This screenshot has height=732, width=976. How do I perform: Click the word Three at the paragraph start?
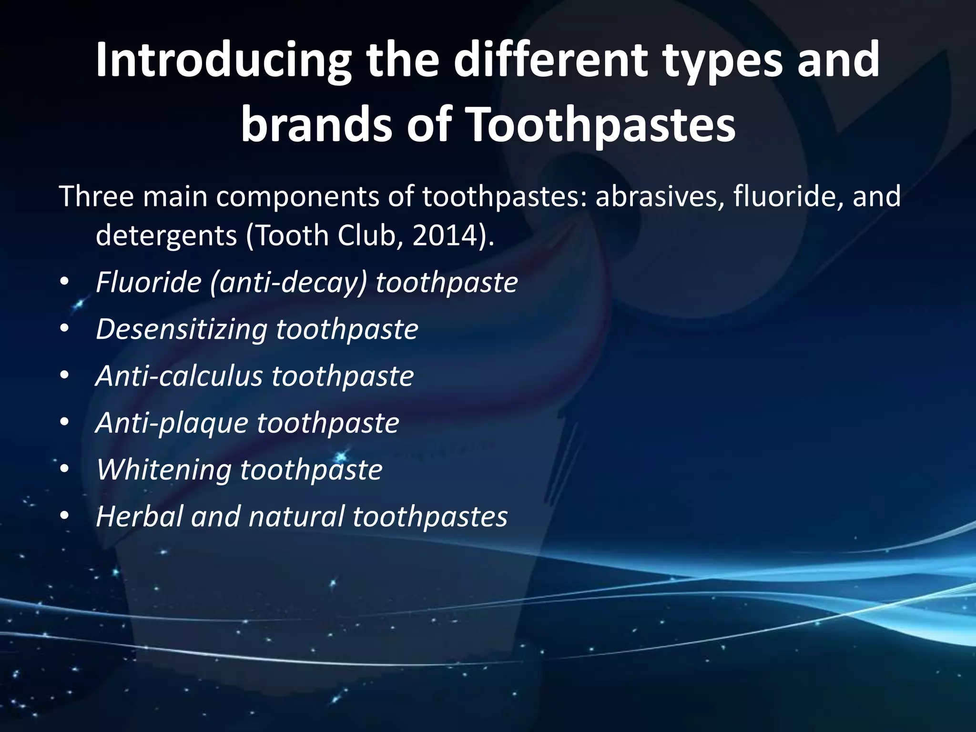pos(96,196)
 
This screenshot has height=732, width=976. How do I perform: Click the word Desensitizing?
pos(182,329)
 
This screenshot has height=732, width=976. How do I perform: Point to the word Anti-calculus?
pos(179,376)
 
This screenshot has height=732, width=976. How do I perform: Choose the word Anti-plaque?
pos(172,423)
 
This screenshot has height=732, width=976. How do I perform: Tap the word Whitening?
pos(164,469)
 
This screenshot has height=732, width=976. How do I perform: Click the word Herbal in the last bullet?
pos(140,516)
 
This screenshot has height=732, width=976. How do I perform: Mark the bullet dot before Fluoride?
pos(65,283)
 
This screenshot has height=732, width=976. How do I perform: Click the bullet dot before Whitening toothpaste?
pos(65,469)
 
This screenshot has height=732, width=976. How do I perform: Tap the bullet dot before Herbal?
pos(65,516)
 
